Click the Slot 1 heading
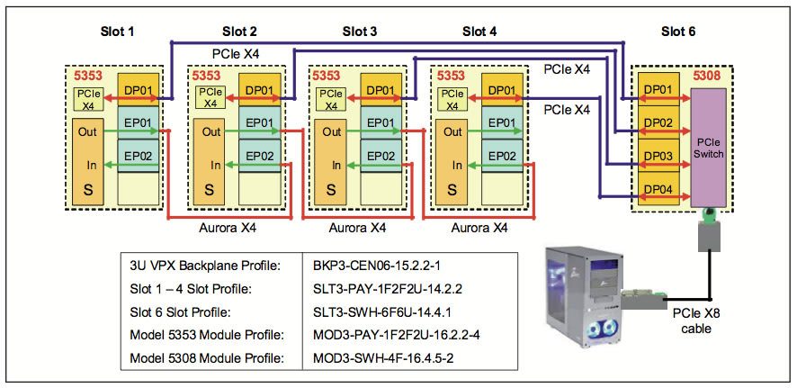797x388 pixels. tap(117, 32)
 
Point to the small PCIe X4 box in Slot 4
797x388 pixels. tap(452, 98)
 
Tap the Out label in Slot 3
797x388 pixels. tap(331, 131)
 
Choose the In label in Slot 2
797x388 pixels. tap(216, 165)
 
